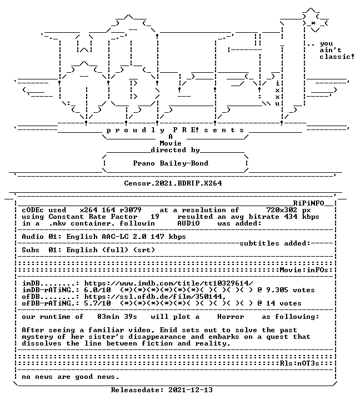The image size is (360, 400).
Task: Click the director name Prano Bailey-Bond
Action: (x=171, y=163)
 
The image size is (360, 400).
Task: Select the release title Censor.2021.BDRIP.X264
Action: (x=173, y=183)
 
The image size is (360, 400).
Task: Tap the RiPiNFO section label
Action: (x=308, y=203)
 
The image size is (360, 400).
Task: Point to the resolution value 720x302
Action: (x=282, y=210)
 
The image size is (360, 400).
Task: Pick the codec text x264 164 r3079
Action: (x=111, y=210)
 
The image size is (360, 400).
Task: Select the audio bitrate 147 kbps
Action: (x=168, y=237)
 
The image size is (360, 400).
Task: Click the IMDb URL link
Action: (x=169, y=283)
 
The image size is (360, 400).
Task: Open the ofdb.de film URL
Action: (x=155, y=297)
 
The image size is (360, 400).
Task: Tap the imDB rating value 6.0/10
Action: (x=97, y=290)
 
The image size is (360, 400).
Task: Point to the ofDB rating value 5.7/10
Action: (x=97, y=303)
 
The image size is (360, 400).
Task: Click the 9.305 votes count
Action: (x=291, y=290)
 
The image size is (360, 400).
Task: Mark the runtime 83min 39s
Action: (x=117, y=317)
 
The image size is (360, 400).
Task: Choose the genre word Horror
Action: (x=231, y=317)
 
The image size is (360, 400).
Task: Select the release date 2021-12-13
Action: (x=191, y=390)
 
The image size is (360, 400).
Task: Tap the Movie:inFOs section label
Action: (x=304, y=270)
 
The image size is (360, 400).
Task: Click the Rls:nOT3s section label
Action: (x=299, y=363)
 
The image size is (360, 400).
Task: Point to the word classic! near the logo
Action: (x=337, y=56)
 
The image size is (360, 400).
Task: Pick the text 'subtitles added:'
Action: (x=275, y=243)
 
